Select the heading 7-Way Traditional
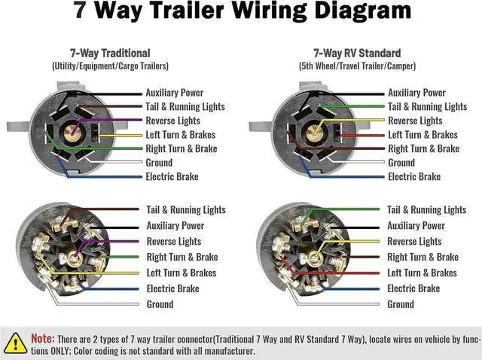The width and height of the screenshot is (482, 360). coord(110,53)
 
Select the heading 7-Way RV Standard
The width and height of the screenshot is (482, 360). coord(357,53)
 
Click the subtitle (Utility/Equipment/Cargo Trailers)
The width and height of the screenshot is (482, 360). coord(110,66)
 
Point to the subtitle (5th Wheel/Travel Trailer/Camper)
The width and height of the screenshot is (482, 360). coord(357,66)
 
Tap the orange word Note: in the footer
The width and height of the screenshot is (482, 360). coord(42,339)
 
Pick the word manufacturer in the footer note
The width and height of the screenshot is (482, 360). coord(224,351)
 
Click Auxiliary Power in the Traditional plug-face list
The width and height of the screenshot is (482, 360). coord(175,93)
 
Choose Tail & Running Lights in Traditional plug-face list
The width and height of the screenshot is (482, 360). coord(185,107)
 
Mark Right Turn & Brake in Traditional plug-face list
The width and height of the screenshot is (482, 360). coord(181,148)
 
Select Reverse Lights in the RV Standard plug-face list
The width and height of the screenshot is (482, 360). coord(415,121)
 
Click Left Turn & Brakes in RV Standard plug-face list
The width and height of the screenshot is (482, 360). coord(423,135)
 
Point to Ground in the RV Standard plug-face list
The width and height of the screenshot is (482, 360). coord(401,163)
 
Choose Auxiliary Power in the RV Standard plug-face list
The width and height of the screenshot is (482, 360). coord(417,93)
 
